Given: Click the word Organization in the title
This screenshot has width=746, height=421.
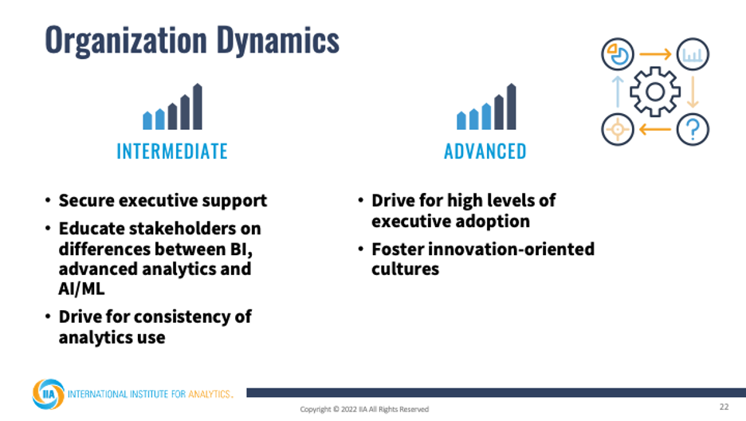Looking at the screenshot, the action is pyautogui.click(x=126, y=41).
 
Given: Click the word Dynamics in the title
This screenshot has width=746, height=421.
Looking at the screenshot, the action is pyautogui.click(x=278, y=41).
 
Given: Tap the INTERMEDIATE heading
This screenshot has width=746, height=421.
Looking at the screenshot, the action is pyautogui.click(x=172, y=151).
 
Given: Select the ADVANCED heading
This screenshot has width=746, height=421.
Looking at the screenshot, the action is pyautogui.click(x=485, y=151).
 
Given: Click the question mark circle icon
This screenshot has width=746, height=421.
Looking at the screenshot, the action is pyautogui.click(x=693, y=129).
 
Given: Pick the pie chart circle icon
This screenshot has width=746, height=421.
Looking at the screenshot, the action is pyautogui.click(x=618, y=54).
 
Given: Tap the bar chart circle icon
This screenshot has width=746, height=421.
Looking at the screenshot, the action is pyautogui.click(x=693, y=54).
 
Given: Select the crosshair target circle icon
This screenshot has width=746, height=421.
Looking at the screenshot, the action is pyautogui.click(x=618, y=129).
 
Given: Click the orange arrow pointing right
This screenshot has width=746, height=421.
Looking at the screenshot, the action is pyautogui.click(x=655, y=54).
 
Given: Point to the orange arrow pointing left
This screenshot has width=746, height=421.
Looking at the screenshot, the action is pyautogui.click(x=655, y=129).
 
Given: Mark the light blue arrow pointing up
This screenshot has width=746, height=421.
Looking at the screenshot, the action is pyautogui.click(x=618, y=92).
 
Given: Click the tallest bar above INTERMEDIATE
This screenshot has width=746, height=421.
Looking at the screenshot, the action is pyautogui.click(x=198, y=107).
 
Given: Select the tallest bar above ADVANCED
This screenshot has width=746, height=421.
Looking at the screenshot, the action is pyautogui.click(x=511, y=107).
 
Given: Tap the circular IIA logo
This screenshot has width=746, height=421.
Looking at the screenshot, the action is pyautogui.click(x=48, y=394).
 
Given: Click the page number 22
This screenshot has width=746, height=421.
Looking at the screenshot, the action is pyautogui.click(x=724, y=407).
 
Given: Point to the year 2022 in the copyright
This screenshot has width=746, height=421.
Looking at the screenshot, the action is pyautogui.click(x=349, y=409).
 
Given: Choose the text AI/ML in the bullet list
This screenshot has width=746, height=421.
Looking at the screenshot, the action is pyautogui.click(x=81, y=289).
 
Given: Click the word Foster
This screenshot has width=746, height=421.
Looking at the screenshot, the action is pyautogui.click(x=397, y=249).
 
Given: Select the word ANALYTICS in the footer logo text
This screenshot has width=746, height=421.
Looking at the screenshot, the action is pyautogui.click(x=210, y=394).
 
